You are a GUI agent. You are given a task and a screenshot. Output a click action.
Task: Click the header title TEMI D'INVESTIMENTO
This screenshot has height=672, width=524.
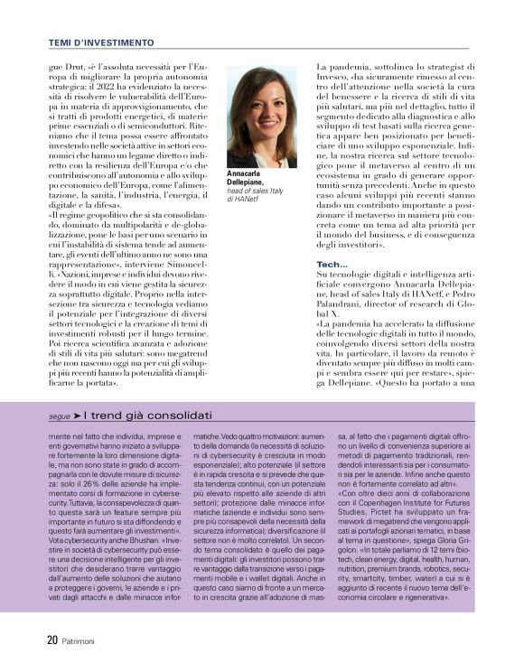(100, 42)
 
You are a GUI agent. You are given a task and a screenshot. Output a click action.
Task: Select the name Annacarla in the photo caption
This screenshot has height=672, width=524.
(245, 173)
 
